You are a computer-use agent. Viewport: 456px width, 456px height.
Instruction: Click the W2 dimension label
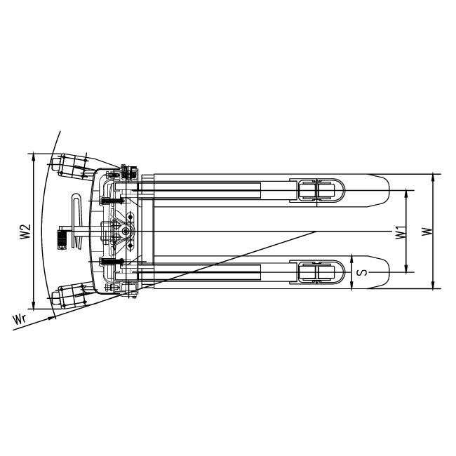(x=25, y=232)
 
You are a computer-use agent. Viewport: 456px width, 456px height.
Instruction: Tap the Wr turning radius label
(x=20, y=319)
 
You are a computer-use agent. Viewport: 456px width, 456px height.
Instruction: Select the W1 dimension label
(x=400, y=232)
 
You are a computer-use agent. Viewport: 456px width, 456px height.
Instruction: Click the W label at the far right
(x=427, y=232)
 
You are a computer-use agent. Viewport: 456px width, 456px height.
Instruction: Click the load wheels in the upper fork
(x=316, y=191)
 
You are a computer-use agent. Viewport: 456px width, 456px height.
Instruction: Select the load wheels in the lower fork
(x=316, y=272)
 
